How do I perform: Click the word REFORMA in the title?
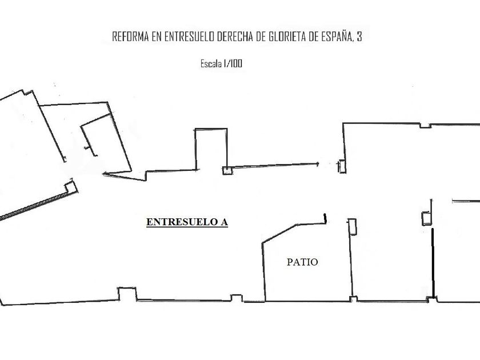point(130,37)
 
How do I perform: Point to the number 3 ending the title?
point(359,37)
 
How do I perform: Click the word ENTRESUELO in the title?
point(189,37)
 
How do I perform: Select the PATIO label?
point(302,262)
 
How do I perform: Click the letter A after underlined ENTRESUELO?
point(224,222)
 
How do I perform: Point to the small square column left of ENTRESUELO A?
point(70,187)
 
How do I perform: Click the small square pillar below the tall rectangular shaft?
point(227,170)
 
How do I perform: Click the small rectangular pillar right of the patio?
point(353,226)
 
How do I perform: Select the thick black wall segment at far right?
point(433,263)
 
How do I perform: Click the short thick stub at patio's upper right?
point(324,218)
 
